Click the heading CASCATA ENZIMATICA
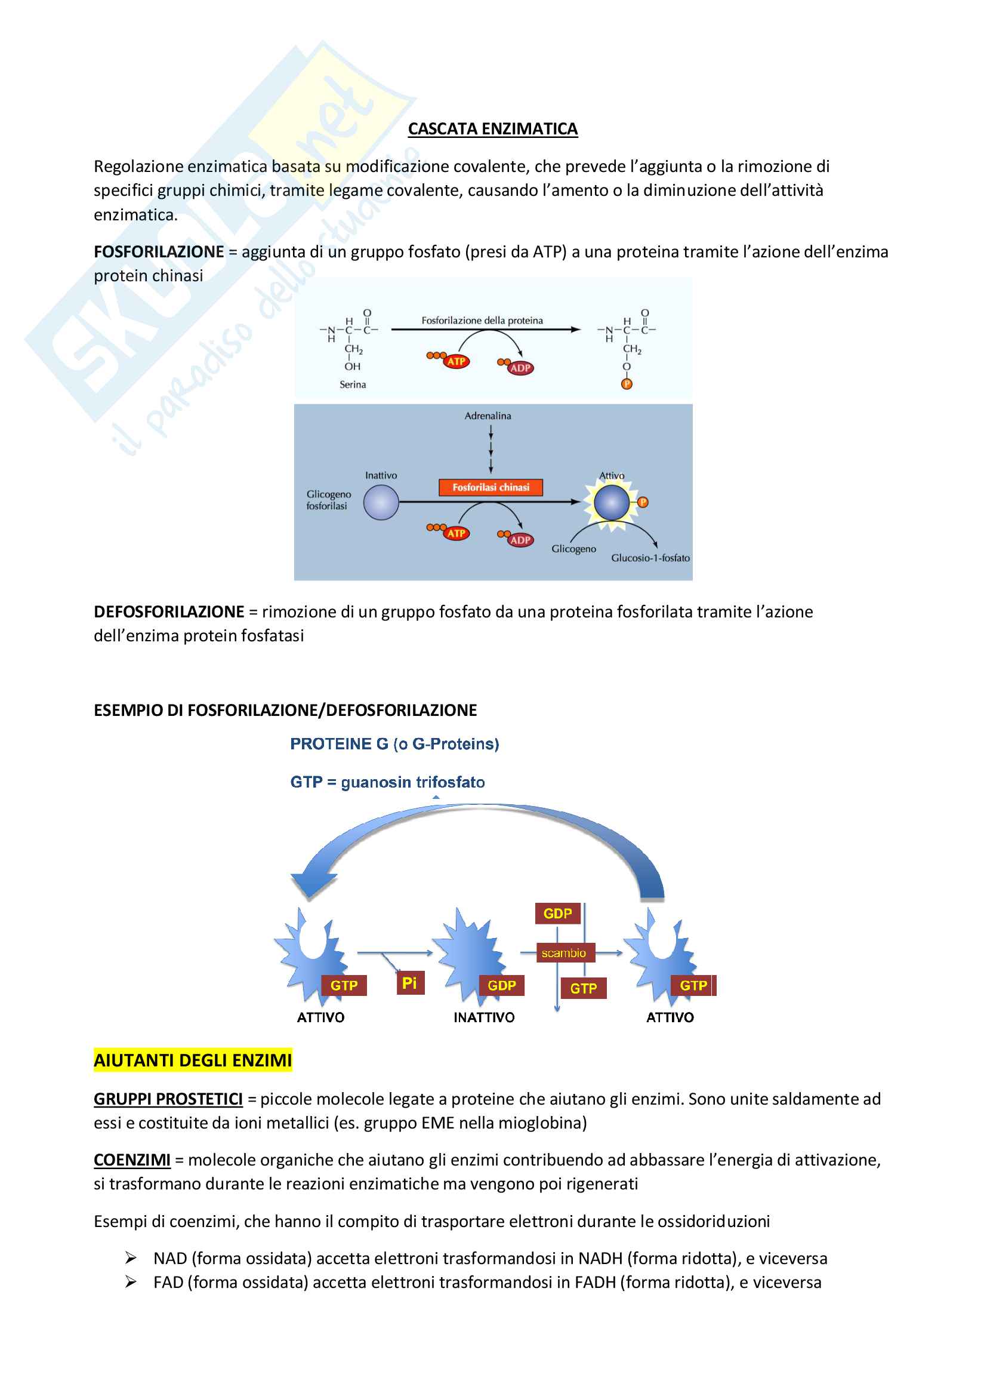point(492,129)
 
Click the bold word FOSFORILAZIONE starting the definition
point(159,252)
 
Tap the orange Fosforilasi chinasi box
point(491,487)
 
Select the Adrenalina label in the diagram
point(488,416)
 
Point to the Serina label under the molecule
point(353,385)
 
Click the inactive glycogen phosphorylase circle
point(381,503)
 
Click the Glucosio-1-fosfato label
point(650,558)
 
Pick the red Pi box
point(409,983)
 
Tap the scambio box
point(563,953)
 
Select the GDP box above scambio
point(557,913)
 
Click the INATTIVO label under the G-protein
point(484,1017)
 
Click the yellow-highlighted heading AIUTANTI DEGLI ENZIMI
point(193,1060)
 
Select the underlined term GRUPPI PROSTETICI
point(168,1099)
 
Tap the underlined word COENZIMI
point(132,1160)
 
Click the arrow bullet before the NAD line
point(130,1257)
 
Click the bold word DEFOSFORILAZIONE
point(168,611)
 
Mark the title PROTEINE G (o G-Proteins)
point(394,743)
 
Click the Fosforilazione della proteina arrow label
point(482,321)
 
